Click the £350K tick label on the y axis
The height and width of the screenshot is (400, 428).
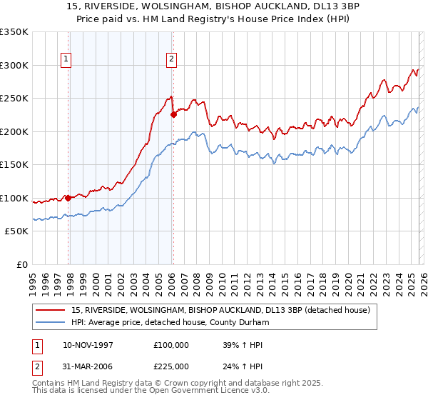point(14,32)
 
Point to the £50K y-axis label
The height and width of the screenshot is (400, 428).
point(16,231)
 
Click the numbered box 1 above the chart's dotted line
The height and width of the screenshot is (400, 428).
point(66,60)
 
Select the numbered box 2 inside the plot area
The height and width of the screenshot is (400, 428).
point(172,60)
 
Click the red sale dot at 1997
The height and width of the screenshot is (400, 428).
point(68,198)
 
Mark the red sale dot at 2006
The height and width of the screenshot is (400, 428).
point(173,114)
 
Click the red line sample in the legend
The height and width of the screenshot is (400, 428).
point(51,310)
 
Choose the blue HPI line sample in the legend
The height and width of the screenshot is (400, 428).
point(51,322)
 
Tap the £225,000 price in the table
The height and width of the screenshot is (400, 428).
point(171,367)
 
